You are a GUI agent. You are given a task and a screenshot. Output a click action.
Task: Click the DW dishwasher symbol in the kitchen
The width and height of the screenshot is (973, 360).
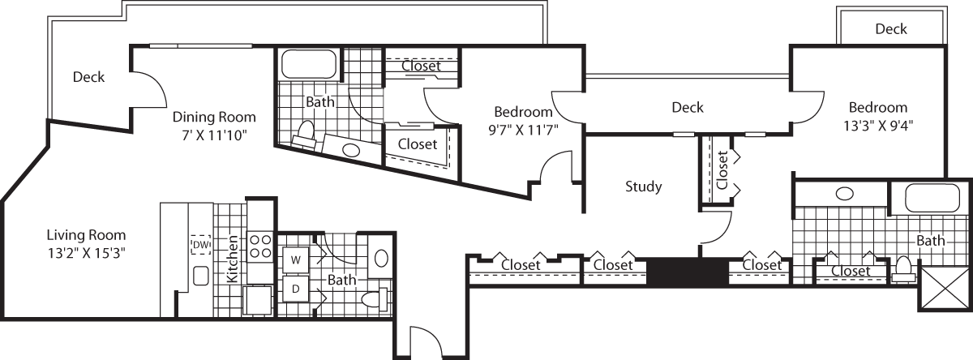[199, 244]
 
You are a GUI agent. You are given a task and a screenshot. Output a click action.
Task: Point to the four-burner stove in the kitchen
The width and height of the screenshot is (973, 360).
[259, 246]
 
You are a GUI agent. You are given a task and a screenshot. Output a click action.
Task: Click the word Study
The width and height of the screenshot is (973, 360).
[643, 186]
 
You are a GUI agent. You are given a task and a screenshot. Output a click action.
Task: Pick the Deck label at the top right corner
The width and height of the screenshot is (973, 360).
[890, 29]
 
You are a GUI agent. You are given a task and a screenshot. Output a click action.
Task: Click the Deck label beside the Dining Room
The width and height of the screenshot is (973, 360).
[88, 77]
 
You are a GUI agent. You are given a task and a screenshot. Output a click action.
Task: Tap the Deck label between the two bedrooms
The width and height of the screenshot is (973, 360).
[687, 107]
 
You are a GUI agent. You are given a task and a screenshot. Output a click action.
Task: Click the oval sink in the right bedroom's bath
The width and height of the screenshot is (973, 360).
[844, 194]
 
